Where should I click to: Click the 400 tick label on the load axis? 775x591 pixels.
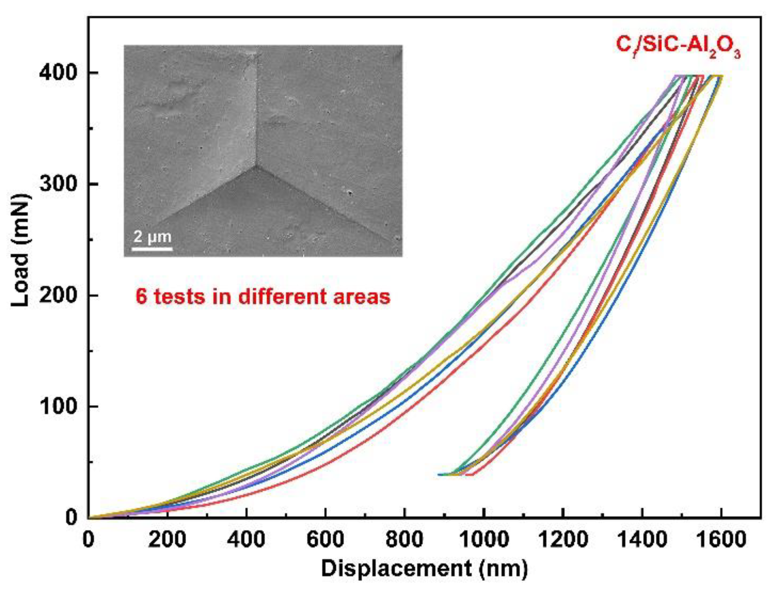click(x=58, y=73)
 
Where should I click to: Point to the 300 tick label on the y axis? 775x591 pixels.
click(x=58, y=184)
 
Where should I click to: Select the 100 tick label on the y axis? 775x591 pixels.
click(x=58, y=407)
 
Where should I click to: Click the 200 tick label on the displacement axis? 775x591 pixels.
click(x=167, y=539)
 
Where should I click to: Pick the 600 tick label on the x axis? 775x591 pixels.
click(x=325, y=539)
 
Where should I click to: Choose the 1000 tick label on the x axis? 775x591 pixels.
click(x=484, y=539)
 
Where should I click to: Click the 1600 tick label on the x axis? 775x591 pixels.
click(x=721, y=539)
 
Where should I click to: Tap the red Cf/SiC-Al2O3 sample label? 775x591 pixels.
click(x=678, y=46)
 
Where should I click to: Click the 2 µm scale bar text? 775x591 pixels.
click(x=152, y=237)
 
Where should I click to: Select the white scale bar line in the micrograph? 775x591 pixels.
click(x=152, y=248)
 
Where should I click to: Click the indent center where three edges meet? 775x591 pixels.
click(x=257, y=166)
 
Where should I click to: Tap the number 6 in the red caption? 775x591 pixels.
click(x=141, y=297)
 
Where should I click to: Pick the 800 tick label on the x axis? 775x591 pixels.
click(x=404, y=539)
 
